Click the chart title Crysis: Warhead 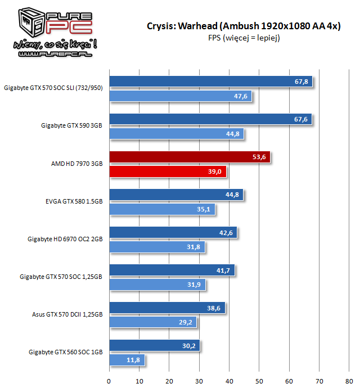[243, 26]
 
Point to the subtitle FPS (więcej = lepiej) [243, 38]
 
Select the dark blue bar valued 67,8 [210, 82]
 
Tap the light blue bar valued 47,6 [180, 96]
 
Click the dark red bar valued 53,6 [190, 157]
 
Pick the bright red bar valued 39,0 [168, 172]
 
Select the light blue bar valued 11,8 [127, 360]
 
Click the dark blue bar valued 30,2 [154, 345]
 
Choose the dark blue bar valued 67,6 [210, 119]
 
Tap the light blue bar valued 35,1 [161, 209]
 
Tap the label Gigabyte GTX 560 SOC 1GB [65, 352]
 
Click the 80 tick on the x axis [349, 380]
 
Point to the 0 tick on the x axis [109, 380]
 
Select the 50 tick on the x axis [259, 380]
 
